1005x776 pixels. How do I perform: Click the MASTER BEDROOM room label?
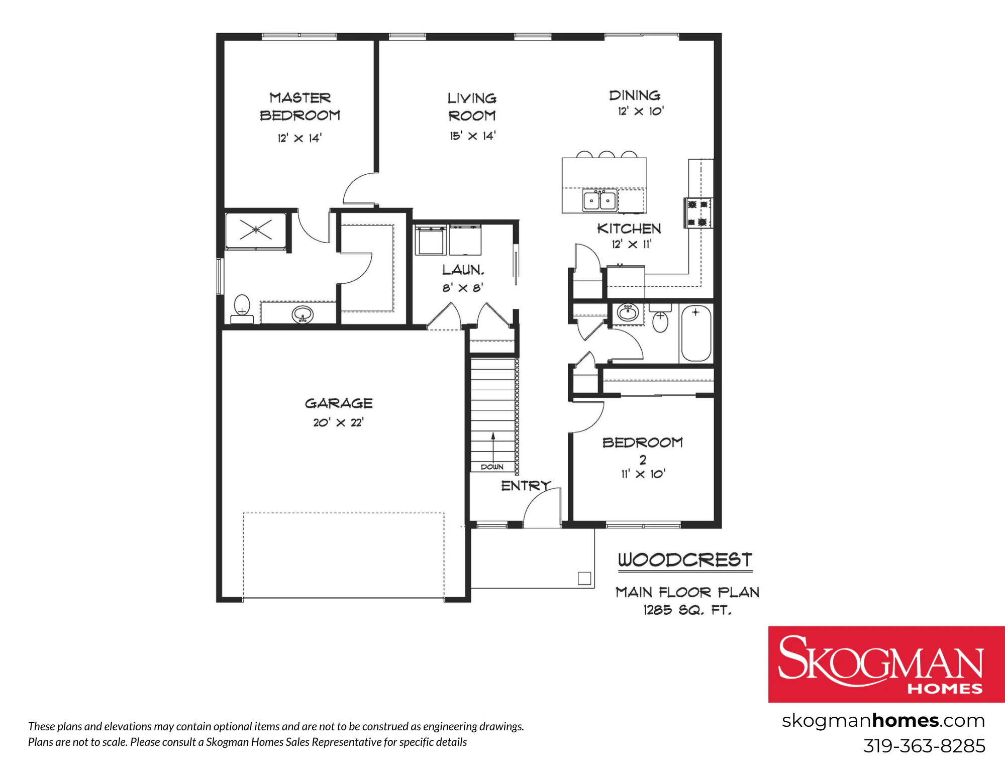(300, 106)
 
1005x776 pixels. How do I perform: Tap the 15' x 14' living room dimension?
(472, 136)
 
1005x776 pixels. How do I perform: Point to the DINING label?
(635, 95)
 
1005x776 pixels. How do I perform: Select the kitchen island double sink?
(599, 200)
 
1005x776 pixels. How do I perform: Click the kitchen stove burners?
(697, 213)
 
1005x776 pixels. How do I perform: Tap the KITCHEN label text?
(629, 229)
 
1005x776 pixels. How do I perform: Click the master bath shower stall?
(256, 230)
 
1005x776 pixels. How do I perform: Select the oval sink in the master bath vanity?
(303, 315)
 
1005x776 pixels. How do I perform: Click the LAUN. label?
(463, 270)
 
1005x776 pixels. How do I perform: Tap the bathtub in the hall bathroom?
(696, 333)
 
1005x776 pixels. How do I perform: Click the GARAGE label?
(339, 403)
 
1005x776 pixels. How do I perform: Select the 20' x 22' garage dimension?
(338, 422)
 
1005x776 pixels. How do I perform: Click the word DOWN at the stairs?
(492, 467)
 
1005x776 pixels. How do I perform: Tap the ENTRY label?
(526, 486)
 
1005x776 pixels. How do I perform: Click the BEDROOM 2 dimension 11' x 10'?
(643, 474)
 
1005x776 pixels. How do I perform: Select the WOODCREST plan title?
(685, 560)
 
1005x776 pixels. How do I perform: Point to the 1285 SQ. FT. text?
(687, 610)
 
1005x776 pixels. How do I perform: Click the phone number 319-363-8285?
(924, 746)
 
